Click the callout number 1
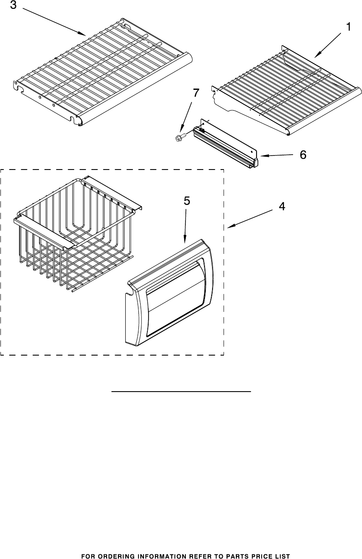pos(348,28)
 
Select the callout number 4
pos(281,207)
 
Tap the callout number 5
pos(187,202)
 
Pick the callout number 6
pos(303,155)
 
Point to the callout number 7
pos(195,94)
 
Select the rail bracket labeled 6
pos(227,144)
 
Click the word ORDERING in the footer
pos(113,556)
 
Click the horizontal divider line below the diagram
pos(181,392)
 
